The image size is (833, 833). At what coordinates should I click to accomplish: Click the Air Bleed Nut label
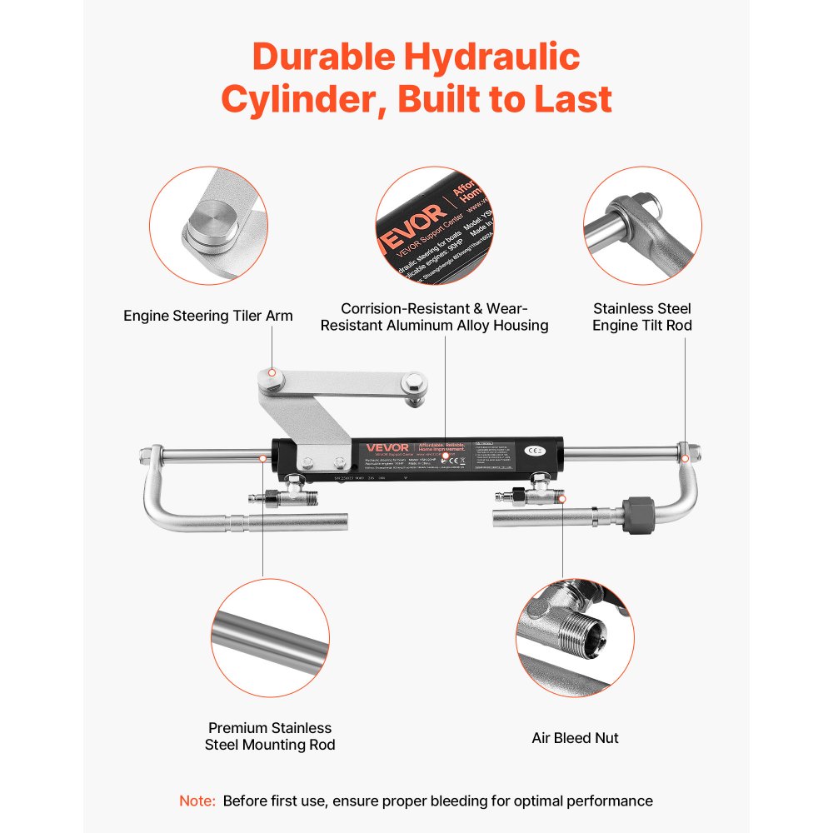point(575,737)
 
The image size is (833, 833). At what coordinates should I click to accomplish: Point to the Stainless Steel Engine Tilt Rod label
point(641,317)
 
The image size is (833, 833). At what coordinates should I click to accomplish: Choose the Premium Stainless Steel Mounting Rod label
point(270,736)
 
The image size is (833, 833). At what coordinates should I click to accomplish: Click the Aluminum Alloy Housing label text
point(434,317)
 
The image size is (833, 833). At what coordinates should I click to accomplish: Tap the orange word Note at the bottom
point(197,801)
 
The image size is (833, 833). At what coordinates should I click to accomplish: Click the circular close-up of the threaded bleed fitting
point(575,637)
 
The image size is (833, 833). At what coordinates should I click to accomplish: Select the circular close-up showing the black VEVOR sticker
point(434,225)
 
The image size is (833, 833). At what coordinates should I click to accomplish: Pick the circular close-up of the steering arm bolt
point(208,225)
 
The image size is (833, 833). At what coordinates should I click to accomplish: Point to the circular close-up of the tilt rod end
point(642,225)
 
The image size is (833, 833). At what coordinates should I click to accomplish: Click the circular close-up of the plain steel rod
point(270,638)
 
